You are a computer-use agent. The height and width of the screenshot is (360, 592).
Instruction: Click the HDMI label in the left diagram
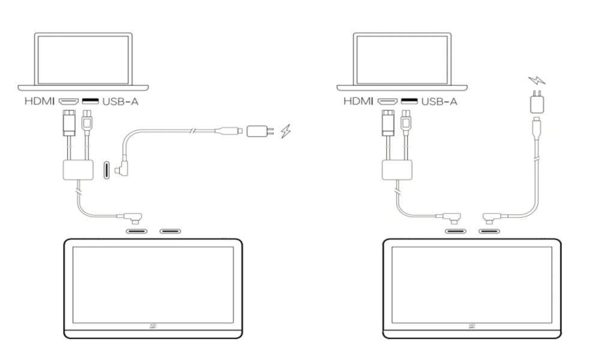point(40,101)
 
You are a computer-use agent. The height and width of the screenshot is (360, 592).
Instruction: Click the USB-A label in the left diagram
point(120,101)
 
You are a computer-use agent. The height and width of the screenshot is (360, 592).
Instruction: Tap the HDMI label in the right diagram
point(358,101)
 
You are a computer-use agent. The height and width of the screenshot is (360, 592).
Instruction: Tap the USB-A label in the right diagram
point(439,101)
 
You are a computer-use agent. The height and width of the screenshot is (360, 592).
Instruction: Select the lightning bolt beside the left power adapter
point(286,131)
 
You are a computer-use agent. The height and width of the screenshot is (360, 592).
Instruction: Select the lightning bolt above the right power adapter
point(537,80)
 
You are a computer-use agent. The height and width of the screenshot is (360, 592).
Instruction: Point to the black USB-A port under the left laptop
point(90,101)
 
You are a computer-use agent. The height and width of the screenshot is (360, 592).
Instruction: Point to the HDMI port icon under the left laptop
point(68,101)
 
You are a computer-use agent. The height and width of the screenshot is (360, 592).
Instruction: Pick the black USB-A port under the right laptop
point(409,101)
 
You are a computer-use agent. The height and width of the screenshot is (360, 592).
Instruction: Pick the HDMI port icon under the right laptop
point(388,101)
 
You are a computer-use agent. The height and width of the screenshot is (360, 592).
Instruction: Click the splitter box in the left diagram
point(78,170)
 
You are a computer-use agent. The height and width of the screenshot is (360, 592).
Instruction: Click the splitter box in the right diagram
point(397,170)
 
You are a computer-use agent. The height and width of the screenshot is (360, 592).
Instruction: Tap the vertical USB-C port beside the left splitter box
point(106,170)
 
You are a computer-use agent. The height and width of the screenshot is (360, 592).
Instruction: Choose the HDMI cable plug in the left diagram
point(68,122)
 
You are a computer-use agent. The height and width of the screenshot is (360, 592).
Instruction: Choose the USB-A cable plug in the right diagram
point(406,122)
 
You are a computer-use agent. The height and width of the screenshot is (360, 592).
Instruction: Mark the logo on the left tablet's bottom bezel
point(153,326)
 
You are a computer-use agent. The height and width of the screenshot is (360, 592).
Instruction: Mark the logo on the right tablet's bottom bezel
point(472,326)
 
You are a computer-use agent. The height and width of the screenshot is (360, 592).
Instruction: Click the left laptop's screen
point(83,59)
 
